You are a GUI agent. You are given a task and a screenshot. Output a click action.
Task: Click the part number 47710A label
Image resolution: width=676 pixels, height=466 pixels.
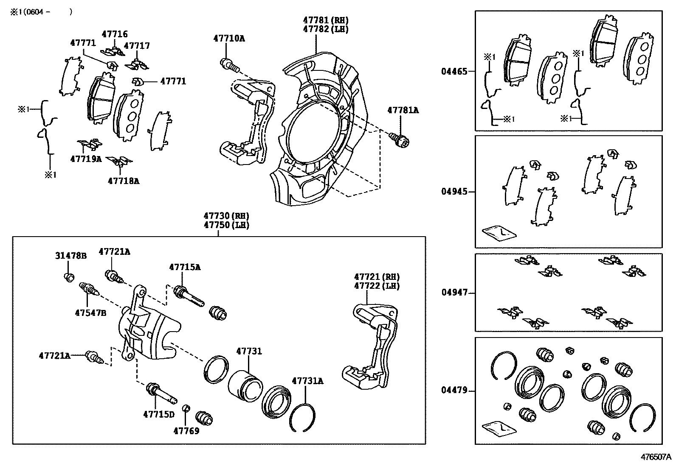pyautogui.click(x=229, y=39)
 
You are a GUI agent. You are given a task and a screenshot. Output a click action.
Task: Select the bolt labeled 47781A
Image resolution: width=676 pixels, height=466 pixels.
pyautogui.click(x=399, y=139)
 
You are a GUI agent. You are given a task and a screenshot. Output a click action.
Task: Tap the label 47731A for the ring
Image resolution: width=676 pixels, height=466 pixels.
pyautogui.click(x=307, y=381)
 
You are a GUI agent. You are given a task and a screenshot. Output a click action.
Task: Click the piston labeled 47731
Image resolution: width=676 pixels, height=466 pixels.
pyautogui.click(x=245, y=384)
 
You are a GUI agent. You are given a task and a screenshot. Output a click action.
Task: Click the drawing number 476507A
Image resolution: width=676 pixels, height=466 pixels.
pyautogui.click(x=656, y=457)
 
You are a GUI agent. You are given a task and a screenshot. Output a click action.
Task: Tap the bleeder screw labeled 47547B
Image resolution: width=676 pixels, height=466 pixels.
pyautogui.click(x=89, y=290)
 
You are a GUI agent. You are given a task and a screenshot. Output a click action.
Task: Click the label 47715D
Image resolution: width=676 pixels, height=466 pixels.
pyautogui.click(x=158, y=414)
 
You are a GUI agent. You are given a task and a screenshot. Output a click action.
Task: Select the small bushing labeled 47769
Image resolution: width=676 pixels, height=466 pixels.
pyautogui.click(x=185, y=408)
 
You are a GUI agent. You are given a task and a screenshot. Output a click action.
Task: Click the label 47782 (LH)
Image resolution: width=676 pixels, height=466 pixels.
pyautogui.click(x=326, y=29)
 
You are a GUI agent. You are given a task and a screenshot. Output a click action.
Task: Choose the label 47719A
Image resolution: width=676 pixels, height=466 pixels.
pyautogui.click(x=86, y=159)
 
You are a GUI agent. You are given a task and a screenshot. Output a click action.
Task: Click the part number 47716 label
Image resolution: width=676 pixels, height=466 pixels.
pyautogui.click(x=115, y=34)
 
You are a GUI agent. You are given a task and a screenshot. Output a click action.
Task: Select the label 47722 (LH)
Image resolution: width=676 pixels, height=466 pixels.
pyautogui.click(x=377, y=286)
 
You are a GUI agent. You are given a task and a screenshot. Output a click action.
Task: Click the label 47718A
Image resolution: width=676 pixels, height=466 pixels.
pyautogui.click(x=123, y=181)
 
